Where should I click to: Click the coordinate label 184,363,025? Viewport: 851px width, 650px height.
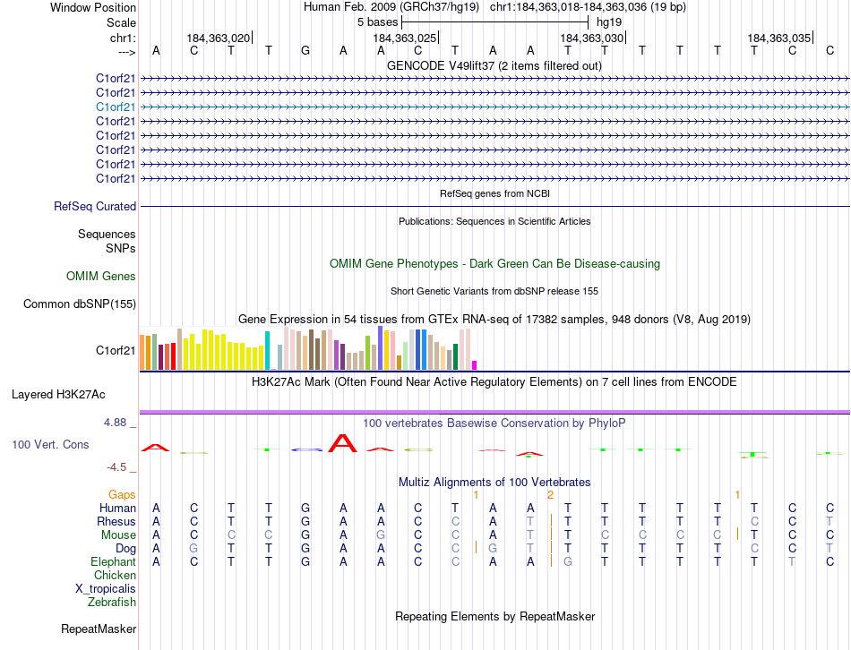[405, 38]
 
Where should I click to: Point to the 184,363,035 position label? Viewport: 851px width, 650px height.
[778, 38]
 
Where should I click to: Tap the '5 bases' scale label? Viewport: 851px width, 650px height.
[376, 21]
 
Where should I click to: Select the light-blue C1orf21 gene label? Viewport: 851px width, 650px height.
[116, 107]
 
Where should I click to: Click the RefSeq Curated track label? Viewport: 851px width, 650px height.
[95, 206]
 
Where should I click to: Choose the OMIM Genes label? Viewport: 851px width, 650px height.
[101, 277]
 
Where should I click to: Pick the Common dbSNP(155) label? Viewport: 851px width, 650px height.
[80, 304]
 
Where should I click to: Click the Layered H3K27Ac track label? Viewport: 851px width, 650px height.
[58, 394]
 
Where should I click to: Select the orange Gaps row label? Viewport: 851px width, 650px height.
[122, 494]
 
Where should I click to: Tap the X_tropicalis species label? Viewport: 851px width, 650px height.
[106, 588]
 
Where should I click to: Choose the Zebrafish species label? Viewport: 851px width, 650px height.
[112, 602]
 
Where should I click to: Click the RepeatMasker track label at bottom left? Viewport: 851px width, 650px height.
[99, 629]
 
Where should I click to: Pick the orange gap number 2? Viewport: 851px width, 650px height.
[550, 494]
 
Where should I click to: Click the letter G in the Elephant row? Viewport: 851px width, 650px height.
[567, 561]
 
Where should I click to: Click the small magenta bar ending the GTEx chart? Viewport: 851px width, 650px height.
[474, 364]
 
